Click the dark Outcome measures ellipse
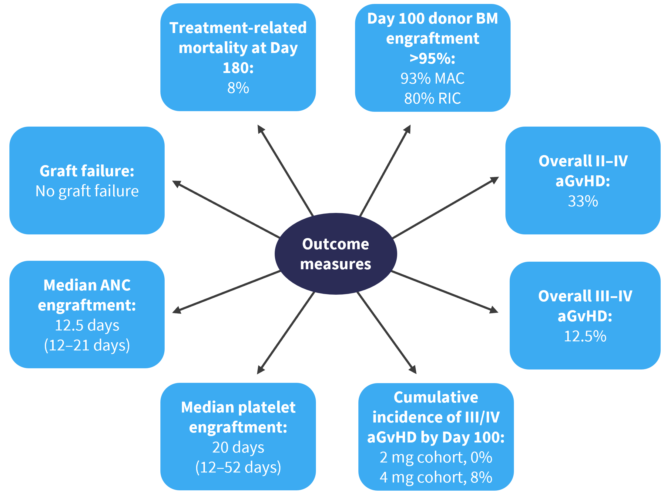336,254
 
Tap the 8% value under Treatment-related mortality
238,88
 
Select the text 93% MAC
432,78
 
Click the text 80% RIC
432,98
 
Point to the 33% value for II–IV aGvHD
583,201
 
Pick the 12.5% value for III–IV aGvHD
585,336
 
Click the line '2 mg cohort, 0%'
436,457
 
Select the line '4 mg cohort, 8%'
436,477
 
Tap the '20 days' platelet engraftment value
238,447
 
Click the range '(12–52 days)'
238,467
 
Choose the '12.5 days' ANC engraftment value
87,326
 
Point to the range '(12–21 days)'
87,346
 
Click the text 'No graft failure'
87,191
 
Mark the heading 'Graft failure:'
87,171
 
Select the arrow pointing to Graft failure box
226,209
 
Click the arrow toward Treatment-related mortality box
285,170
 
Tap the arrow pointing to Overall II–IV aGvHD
445,207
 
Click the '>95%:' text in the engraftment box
432,58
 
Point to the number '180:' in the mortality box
238,68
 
